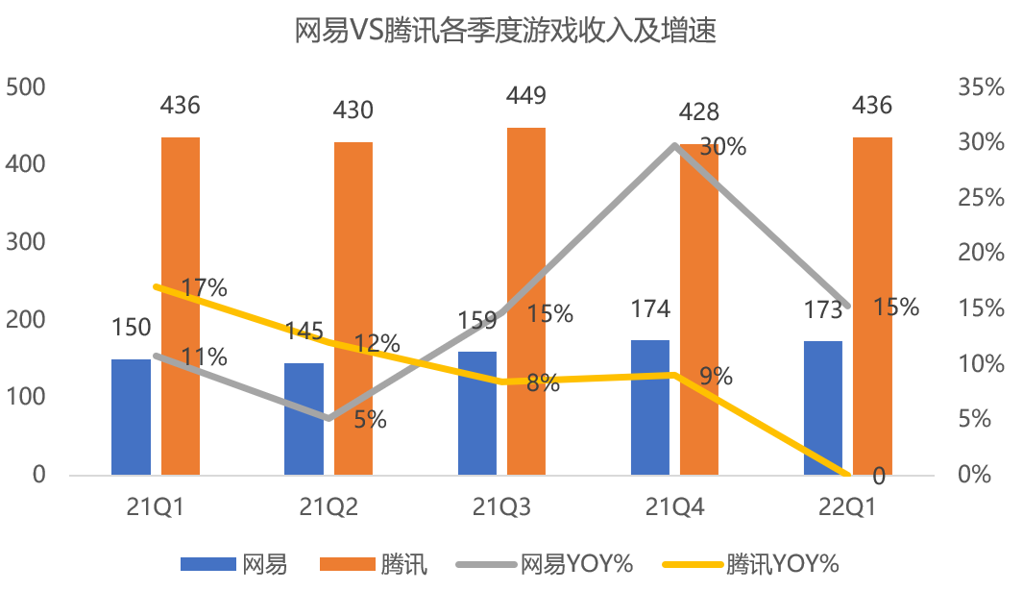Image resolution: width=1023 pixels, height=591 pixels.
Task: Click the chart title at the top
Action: click(506, 32)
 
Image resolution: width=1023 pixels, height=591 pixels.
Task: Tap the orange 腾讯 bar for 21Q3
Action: click(525, 301)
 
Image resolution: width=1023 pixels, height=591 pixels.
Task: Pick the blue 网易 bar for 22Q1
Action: click(823, 407)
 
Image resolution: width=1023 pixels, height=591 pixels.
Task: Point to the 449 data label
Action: click(525, 96)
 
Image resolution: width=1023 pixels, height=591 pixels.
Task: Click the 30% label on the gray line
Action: click(723, 147)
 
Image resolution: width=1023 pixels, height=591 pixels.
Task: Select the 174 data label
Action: click(650, 309)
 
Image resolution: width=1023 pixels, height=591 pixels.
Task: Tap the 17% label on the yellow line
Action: click(204, 287)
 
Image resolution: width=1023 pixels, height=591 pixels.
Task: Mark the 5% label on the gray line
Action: click(370, 420)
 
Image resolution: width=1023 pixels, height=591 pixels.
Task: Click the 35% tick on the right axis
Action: click(980, 87)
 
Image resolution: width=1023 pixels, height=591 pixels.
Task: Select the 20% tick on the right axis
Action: click(980, 254)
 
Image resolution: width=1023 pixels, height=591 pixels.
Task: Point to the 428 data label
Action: click(698, 112)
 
